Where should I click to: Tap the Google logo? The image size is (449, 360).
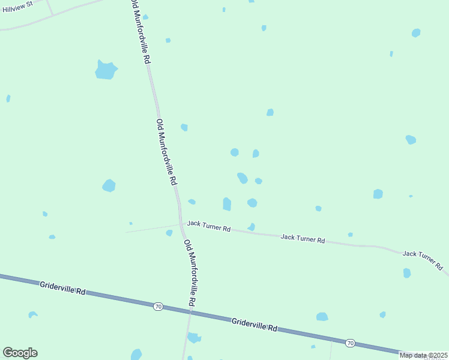pos(20,353)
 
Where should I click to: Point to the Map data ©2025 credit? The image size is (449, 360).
pos(423,355)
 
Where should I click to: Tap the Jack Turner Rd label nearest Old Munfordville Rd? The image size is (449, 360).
pos(208,226)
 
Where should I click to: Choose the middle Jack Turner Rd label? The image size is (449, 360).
pos(303,239)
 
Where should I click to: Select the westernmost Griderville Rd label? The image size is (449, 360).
pos(62,287)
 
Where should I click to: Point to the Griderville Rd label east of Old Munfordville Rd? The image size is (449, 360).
pos(255,325)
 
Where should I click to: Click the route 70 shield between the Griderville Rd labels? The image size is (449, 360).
pos(158,307)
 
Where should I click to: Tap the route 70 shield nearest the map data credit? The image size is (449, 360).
pos(350,343)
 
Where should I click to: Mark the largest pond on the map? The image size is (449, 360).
pos(106,70)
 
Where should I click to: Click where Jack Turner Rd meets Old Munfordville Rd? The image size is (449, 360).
pos(181,223)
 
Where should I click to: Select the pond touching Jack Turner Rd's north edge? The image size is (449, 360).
pos(252,227)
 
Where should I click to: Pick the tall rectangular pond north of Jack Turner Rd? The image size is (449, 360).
pos(227,204)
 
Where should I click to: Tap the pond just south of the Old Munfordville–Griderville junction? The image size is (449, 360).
pos(193,338)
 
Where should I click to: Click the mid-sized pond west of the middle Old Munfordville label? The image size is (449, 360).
pos(109,185)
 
